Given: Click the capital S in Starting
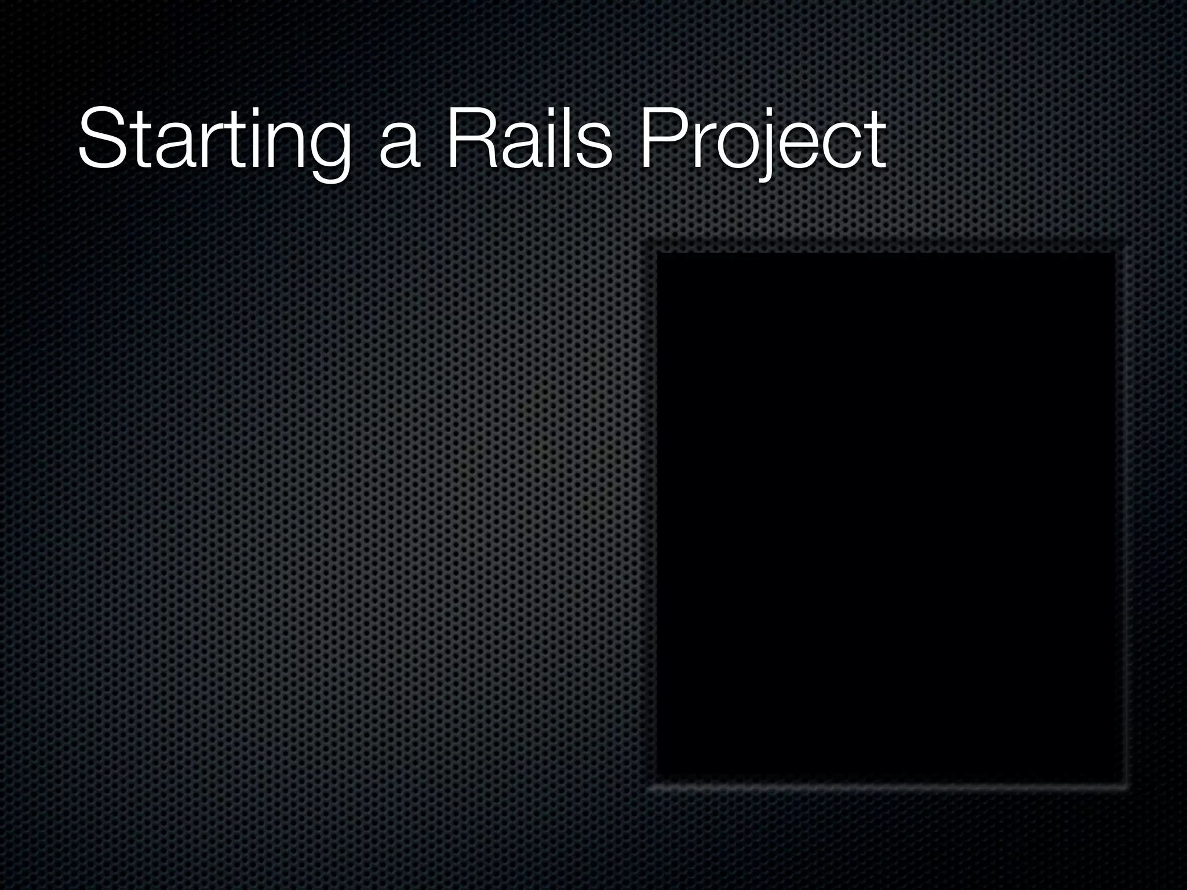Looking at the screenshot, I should point(103,139).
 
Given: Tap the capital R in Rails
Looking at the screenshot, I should point(468,139).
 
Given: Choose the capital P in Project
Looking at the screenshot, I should point(661,139).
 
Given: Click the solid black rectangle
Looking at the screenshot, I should point(886,513).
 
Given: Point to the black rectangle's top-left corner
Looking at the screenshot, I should point(657,253).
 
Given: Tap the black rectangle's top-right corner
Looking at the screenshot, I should point(1115,253).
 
